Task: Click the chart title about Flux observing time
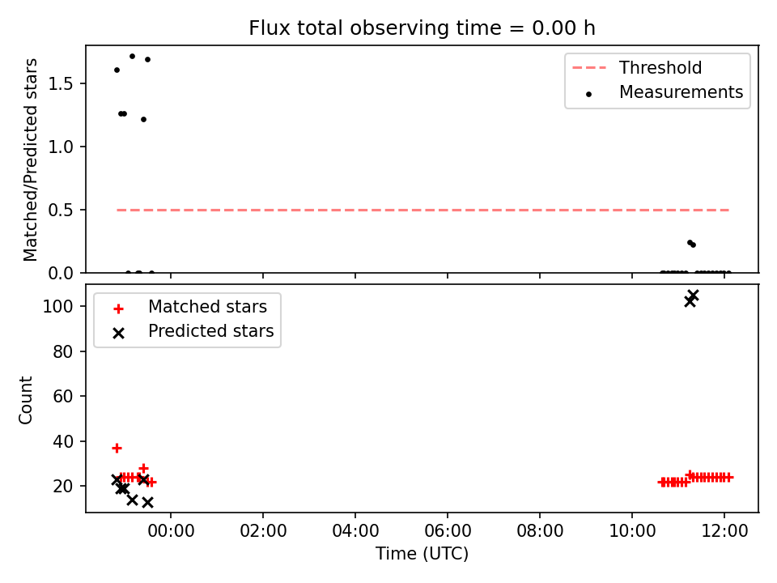(422, 28)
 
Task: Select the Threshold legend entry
(637, 67)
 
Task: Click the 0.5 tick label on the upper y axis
(61, 211)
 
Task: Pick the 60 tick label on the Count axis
(63, 396)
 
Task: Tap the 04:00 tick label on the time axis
(355, 531)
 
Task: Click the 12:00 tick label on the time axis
(724, 531)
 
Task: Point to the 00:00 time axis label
(171, 531)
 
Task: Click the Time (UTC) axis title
(422, 553)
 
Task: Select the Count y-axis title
(25, 399)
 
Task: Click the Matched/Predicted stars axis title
(30, 160)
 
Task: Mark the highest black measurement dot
(132, 57)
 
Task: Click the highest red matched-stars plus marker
(117, 448)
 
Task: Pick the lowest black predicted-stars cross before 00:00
(147, 503)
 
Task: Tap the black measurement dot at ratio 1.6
(117, 70)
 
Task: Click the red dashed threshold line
(422, 211)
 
